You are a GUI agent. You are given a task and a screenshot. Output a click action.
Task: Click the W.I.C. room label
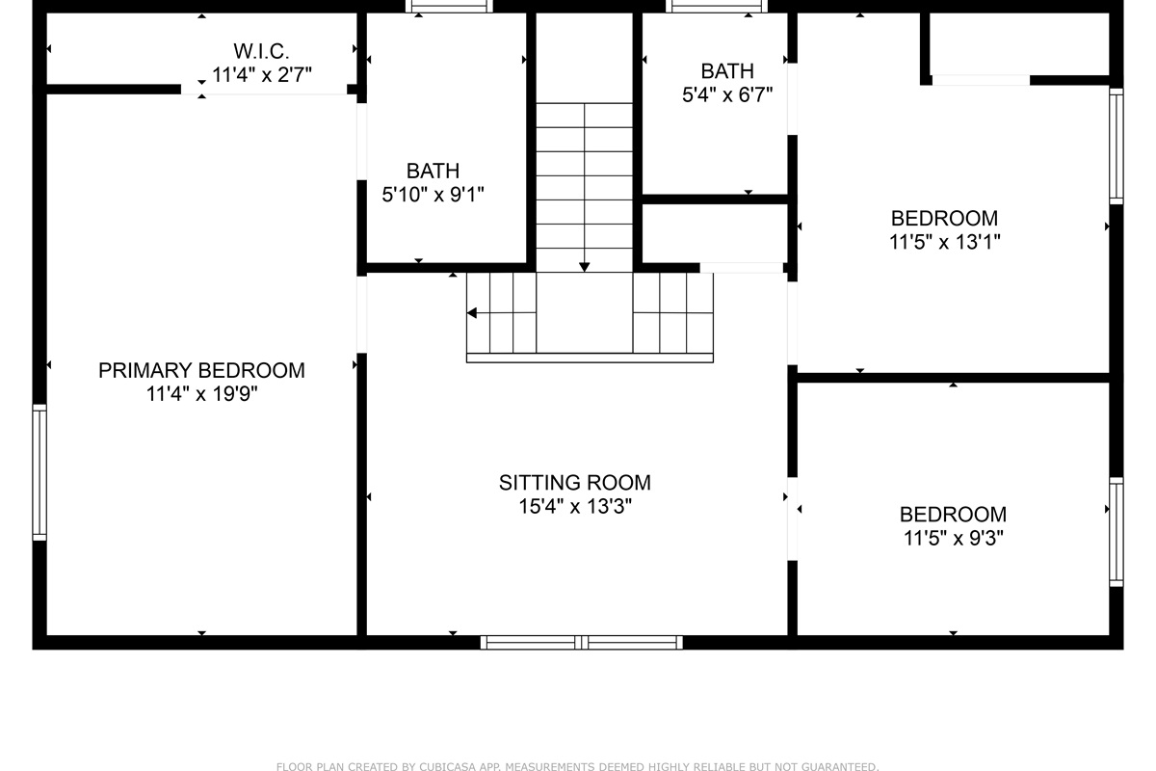261,52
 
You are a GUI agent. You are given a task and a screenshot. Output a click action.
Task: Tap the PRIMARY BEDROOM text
201,370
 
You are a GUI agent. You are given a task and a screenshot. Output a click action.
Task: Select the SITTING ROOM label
575,483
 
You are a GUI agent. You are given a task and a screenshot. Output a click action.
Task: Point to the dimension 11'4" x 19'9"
201,394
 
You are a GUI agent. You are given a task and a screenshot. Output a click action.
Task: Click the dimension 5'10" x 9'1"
433,195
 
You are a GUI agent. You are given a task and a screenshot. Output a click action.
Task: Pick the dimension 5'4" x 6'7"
727,95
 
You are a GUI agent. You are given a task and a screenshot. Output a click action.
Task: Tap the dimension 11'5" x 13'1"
944,242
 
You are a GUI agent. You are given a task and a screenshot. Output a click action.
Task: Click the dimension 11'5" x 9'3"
953,538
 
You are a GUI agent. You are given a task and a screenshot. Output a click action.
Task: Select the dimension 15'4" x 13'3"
575,507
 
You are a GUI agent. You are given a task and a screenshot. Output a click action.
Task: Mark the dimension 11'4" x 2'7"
262,75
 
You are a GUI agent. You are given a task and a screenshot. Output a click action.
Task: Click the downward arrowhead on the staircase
584,267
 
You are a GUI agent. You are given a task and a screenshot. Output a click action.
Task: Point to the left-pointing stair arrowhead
472,313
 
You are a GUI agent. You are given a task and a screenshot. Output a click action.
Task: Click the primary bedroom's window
39,472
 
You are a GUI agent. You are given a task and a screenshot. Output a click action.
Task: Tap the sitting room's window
582,643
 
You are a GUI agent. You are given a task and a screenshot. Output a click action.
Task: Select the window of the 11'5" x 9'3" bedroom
1117,532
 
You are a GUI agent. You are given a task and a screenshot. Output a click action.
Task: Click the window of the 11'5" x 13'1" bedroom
1117,146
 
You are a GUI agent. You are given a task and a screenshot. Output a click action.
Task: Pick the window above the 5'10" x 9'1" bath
449,6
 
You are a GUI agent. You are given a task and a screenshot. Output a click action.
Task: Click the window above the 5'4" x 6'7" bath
717,6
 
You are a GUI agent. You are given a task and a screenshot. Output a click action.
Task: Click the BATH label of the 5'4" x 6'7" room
727,71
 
